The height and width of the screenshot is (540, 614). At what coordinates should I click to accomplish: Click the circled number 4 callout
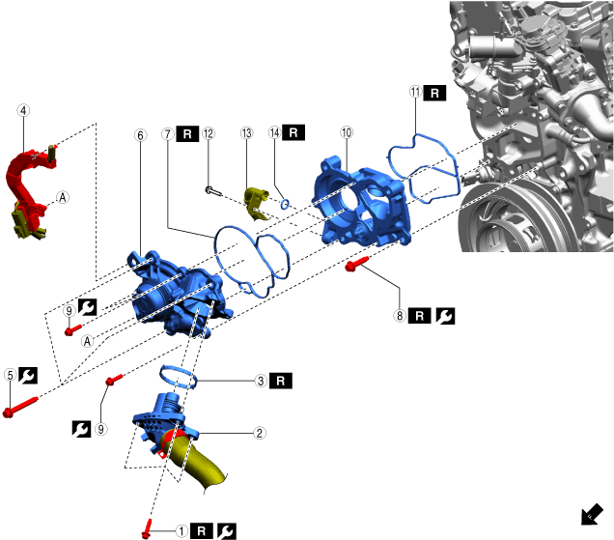pos(23,110)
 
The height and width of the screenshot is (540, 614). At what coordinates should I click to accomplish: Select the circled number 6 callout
pos(141,135)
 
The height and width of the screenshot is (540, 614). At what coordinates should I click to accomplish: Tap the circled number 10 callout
pos(347,132)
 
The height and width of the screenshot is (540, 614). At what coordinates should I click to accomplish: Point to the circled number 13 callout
pos(247,133)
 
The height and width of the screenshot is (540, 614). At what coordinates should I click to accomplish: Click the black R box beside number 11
pos(434,93)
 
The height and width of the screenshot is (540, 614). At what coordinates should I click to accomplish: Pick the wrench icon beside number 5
pos(28,376)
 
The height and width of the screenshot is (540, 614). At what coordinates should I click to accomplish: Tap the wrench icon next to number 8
pos(445,316)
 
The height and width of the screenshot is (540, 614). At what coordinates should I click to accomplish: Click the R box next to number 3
pos(281,381)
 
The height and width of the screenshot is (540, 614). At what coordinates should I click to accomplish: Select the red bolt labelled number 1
pos(147,529)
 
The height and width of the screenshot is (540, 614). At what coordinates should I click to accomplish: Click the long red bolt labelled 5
pos(20,407)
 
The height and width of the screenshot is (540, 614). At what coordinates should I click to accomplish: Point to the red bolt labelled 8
pos(356,264)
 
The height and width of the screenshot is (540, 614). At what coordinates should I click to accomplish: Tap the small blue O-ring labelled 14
pos(285,204)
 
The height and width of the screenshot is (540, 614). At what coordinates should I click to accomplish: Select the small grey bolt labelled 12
pos(213,191)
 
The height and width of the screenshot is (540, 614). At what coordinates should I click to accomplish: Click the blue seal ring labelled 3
pos(179,376)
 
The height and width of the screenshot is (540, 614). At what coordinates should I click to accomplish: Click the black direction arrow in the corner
pos(592,514)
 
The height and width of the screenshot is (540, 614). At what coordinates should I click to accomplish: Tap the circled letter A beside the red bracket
pos(63,197)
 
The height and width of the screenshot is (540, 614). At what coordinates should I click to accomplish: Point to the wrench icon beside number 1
pos(227,531)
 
